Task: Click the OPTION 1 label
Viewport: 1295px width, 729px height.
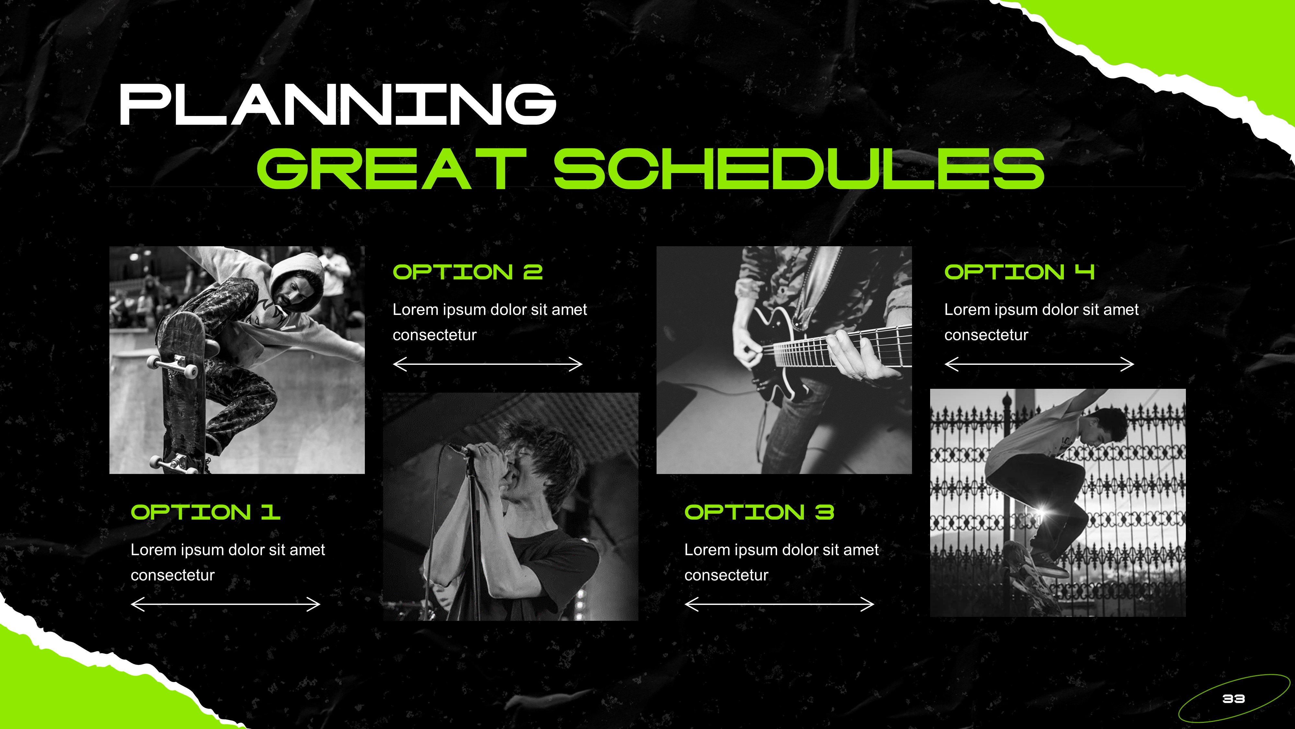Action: (x=205, y=512)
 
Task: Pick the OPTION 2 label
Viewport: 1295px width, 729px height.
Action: (x=467, y=272)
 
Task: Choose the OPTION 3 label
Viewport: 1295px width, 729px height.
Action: (x=759, y=512)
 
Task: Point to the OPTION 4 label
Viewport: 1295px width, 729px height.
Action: (x=1019, y=272)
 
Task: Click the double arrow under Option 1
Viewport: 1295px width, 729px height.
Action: (x=225, y=604)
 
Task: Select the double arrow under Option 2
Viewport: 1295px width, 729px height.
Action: (x=488, y=364)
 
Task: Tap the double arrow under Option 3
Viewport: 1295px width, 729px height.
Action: (x=779, y=604)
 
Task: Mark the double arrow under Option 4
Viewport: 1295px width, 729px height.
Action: (x=1039, y=364)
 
